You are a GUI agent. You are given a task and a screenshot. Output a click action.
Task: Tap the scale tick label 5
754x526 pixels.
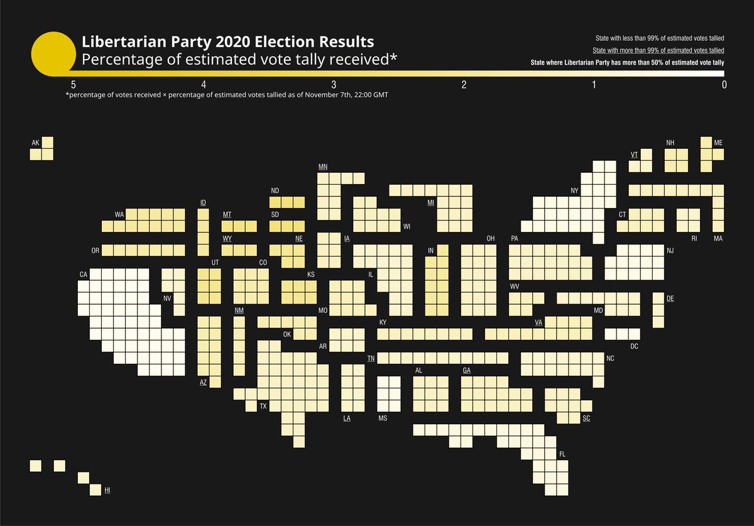coord(74,85)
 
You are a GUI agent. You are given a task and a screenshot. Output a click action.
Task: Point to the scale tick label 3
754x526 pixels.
coord(334,85)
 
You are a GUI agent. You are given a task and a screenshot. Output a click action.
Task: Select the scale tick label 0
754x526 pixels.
coord(724,85)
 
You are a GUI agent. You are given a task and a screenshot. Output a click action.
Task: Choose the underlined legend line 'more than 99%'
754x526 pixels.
coord(658,50)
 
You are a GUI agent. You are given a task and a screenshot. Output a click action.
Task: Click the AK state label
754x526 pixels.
coord(35,143)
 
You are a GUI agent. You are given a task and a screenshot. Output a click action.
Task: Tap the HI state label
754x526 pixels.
coord(107,489)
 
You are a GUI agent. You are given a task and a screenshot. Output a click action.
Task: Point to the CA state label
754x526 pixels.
coord(83,275)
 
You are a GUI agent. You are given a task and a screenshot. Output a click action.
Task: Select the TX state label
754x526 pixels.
coord(263,407)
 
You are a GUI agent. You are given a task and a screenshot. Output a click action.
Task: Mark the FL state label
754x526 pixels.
coord(562,454)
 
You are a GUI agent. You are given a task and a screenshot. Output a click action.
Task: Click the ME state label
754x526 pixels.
coord(718,143)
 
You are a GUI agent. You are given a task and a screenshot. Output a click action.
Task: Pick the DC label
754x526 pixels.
coord(634,346)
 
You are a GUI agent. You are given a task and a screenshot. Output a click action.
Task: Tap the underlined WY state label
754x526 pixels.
coord(227,239)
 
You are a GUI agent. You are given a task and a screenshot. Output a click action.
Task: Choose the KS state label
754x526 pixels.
coord(310,275)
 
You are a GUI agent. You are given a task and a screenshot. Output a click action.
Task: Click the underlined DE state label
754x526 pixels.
coord(670,299)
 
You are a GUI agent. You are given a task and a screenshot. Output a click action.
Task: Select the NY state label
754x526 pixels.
coord(574,191)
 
